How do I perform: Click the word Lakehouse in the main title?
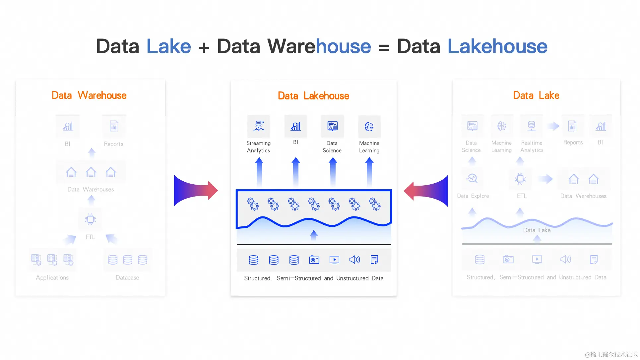(x=497, y=46)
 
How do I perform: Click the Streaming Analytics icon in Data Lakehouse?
(x=259, y=126)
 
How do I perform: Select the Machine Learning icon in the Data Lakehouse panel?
(x=369, y=127)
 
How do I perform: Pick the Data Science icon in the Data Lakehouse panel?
(x=332, y=126)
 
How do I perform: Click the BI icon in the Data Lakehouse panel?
(x=295, y=126)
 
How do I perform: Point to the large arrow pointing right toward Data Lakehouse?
(x=196, y=191)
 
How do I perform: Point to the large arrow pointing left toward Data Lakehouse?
(x=426, y=191)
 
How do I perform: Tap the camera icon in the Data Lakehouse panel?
(x=314, y=260)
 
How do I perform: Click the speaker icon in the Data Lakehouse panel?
(x=354, y=260)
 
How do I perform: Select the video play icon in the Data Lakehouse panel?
(x=334, y=260)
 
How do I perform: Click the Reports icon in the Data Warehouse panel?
(x=114, y=126)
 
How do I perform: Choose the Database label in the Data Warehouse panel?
(x=127, y=277)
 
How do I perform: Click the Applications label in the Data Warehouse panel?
(x=52, y=277)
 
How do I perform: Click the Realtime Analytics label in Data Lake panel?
(x=532, y=147)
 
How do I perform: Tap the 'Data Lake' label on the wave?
(x=537, y=230)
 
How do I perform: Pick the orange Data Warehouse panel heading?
(x=89, y=95)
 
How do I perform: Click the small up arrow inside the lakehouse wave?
(x=314, y=235)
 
